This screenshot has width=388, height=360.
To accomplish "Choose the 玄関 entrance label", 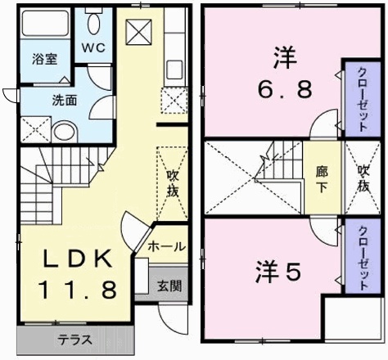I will click(x=170, y=286).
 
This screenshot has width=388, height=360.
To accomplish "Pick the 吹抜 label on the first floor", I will click(x=173, y=182).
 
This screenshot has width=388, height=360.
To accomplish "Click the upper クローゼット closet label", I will click(x=360, y=98).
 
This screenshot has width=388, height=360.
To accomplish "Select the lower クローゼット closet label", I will click(x=361, y=256).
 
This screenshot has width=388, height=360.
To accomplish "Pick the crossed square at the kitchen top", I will click(x=138, y=34).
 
